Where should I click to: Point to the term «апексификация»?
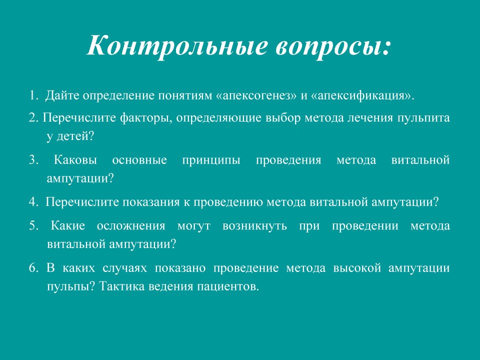(360, 96)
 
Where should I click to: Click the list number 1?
(33, 95)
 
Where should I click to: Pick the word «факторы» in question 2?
(145, 118)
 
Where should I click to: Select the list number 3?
(33, 160)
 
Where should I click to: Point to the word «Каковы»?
(75, 160)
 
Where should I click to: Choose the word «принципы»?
(211, 160)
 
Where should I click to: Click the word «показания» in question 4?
(151, 202)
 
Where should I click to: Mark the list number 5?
(33, 226)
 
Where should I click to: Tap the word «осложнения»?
(131, 226)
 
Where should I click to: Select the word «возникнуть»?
(254, 226)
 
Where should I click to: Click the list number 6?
(33, 268)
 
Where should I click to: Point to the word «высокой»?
(357, 268)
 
